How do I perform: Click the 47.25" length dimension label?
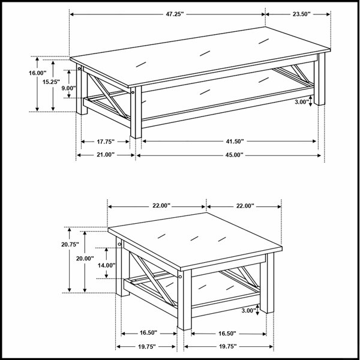click(x=175, y=14)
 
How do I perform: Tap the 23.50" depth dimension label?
click(x=301, y=14)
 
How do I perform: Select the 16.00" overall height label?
click(x=37, y=73)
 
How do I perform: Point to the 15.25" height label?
click(x=51, y=82)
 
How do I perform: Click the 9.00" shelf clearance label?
click(x=68, y=88)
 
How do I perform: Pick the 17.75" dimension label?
click(x=106, y=142)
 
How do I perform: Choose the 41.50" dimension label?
click(x=235, y=142)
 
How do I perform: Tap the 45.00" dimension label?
click(x=234, y=155)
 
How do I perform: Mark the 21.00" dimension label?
click(x=106, y=155)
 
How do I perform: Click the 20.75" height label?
click(x=70, y=245)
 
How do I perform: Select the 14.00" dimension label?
click(x=107, y=265)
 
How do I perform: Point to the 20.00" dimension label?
click(x=85, y=259)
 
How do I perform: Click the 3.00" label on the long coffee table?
click(x=302, y=102)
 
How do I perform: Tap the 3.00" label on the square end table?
click(x=248, y=311)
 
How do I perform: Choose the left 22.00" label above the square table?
click(x=161, y=206)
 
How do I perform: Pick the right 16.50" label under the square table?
click(x=227, y=334)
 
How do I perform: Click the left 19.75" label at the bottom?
click(x=147, y=346)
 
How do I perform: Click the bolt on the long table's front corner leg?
click(x=133, y=92)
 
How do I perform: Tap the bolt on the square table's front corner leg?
click(x=180, y=277)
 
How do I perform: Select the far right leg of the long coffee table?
click(x=320, y=79)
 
